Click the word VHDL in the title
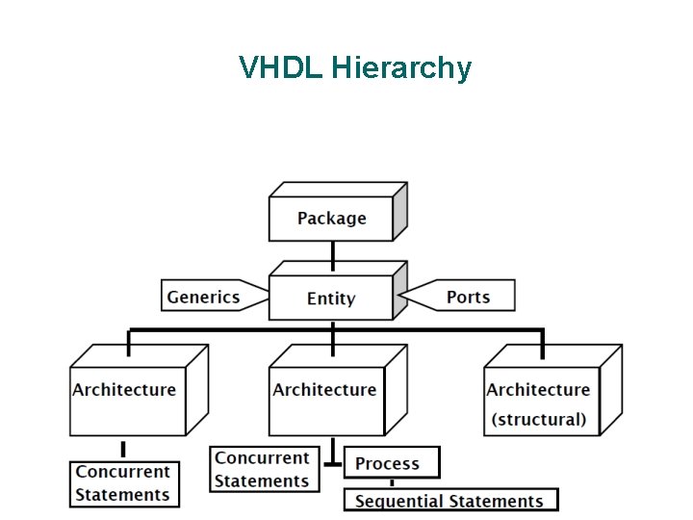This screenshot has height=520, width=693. tap(281, 68)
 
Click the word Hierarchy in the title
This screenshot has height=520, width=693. tap(401, 69)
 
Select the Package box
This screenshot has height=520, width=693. tap(331, 219)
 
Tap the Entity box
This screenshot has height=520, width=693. tap(331, 299)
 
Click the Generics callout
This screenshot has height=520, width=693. tap(203, 297)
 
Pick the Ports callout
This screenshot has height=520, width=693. tap(468, 297)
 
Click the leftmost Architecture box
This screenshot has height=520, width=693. tap(125, 400)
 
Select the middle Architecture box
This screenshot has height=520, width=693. tap(325, 400)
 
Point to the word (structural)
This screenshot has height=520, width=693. tap(538, 420)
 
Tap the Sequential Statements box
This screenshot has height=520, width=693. tap(449, 501)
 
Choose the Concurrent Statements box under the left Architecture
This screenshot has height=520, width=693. tap(123, 483)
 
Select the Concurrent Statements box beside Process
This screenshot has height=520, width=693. tap(262, 470)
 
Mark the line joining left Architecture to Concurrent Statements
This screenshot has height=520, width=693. tap(123, 449)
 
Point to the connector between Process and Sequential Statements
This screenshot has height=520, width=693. tap(391, 483)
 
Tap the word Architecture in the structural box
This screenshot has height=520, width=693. tap(538, 390)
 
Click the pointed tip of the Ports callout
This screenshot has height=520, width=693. tap(398, 296)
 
